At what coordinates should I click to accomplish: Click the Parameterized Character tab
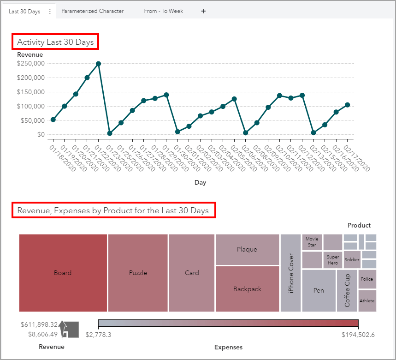pyautogui.click(x=92, y=11)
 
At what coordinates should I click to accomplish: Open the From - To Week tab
pyautogui.click(x=163, y=11)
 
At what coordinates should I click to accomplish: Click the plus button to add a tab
pyautogui.click(x=203, y=11)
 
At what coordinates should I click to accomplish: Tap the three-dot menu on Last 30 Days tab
pyautogui.click(x=50, y=12)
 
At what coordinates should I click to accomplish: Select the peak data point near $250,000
pyautogui.click(x=98, y=64)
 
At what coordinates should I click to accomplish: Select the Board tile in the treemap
pyautogui.click(x=63, y=273)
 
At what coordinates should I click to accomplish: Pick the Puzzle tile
pyautogui.click(x=138, y=273)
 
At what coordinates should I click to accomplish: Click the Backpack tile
pyautogui.click(x=247, y=289)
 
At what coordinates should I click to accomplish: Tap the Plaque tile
pyautogui.click(x=247, y=249)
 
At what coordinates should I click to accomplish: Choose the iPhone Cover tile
pyautogui.click(x=290, y=273)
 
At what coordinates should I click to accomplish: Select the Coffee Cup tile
pyautogui.click(x=347, y=291)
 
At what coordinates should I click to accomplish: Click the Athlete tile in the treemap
pyautogui.click(x=367, y=301)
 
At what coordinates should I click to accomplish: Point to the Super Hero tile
pyautogui.click(x=332, y=260)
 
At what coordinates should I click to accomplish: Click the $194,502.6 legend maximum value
pyautogui.click(x=358, y=334)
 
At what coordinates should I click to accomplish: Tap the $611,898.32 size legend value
pyautogui.click(x=39, y=324)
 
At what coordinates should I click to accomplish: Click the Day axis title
pyautogui.click(x=200, y=182)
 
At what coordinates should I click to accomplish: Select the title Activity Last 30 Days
pyautogui.click(x=55, y=42)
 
